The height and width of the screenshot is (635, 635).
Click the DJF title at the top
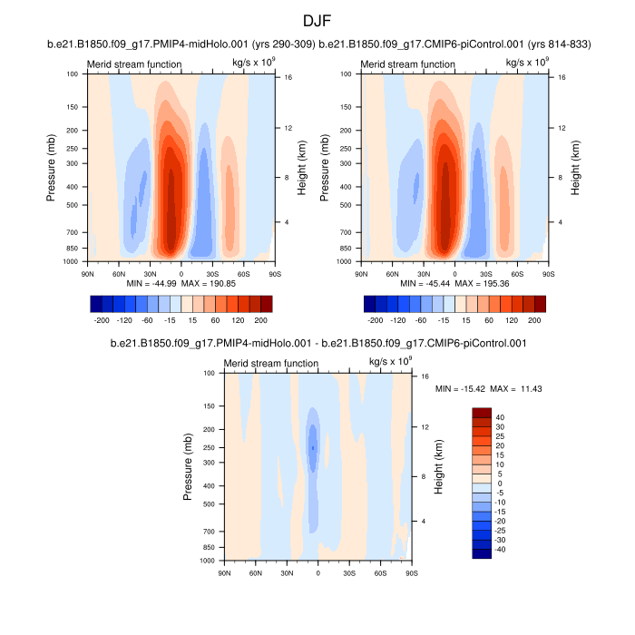point(317,20)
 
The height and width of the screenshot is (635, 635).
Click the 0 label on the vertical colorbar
point(497,484)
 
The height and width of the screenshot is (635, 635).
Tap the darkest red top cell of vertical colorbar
point(482,413)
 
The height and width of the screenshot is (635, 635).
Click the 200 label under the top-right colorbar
point(534,321)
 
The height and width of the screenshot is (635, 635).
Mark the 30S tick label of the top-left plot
point(213,273)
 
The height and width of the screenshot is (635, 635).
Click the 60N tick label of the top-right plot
point(392,273)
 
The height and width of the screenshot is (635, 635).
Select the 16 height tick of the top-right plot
point(562,78)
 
